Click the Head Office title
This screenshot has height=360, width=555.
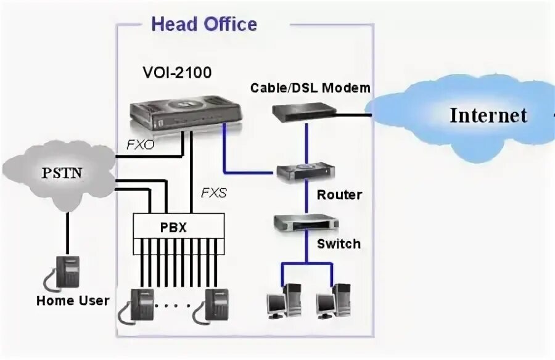[204, 25]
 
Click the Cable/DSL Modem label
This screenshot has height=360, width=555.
[310, 88]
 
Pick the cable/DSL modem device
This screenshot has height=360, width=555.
[305, 111]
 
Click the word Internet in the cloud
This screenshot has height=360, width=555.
[488, 115]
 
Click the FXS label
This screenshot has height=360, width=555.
[213, 193]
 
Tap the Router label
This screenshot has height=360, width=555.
[339, 195]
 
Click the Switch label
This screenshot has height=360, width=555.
[339, 244]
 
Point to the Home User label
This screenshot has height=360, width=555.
[73, 301]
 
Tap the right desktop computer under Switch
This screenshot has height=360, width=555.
[334, 301]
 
